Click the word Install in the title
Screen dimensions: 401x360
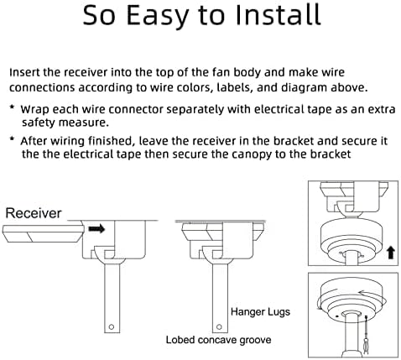pyautogui.click(x=278, y=14)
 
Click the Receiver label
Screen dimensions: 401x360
pyautogui.click(x=34, y=213)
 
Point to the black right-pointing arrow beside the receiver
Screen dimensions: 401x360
pyautogui.click(x=96, y=229)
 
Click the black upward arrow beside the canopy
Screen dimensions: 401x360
pyautogui.click(x=391, y=253)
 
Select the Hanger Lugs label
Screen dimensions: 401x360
pyautogui.click(x=260, y=311)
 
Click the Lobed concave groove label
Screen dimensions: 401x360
pyautogui.click(x=218, y=340)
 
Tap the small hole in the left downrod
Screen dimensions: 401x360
pyautogui.click(x=112, y=326)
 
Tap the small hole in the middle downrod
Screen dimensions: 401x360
pyautogui.click(x=219, y=326)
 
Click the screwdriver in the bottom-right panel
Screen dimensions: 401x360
pyautogui.click(x=367, y=334)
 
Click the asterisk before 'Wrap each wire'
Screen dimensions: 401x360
pyautogui.click(x=12, y=107)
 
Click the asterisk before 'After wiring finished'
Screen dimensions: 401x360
pyautogui.click(x=12, y=139)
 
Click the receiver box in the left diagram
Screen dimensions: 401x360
pyautogui.click(x=44, y=233)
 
